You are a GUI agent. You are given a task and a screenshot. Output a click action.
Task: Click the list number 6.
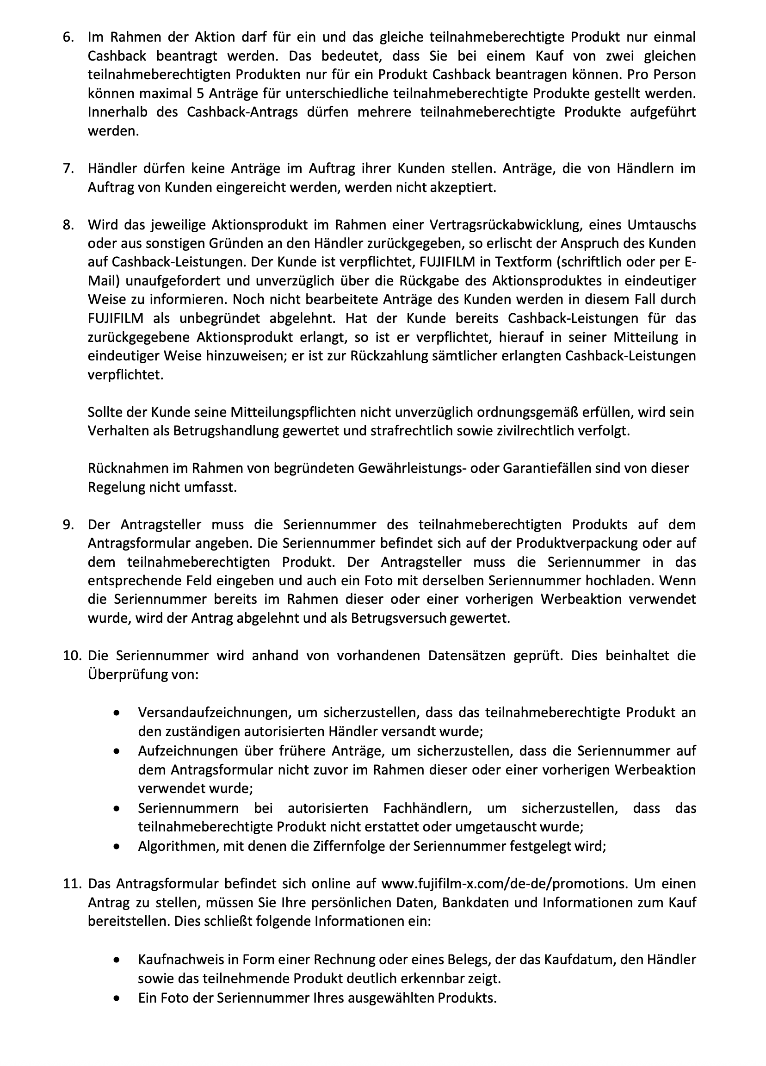click(68, 37)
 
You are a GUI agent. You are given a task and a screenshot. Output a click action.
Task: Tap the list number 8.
click(68, 225)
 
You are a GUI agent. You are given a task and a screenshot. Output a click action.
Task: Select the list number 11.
click(72, 884)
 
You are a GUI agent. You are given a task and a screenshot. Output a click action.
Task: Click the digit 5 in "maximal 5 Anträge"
click(201, 93)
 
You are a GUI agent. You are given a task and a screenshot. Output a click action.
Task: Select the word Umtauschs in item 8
click(661, 225)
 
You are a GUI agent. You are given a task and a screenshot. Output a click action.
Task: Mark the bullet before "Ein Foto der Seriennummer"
click(117, 998)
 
